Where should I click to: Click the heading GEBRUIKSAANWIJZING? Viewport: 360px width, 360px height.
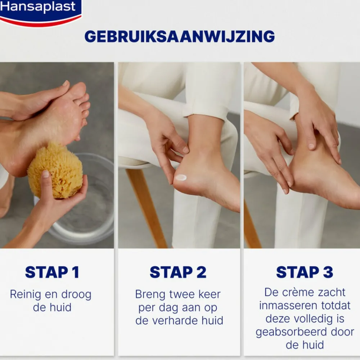pos(180,36)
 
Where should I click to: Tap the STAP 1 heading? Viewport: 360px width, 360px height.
pos(52,273)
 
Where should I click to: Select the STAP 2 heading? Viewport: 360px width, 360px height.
pos(178,273)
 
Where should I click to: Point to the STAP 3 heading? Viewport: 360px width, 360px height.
pos(305,273)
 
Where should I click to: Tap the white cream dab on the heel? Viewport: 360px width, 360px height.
pos(181,177)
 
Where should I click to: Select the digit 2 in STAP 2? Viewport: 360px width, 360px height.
pos(201,273)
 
